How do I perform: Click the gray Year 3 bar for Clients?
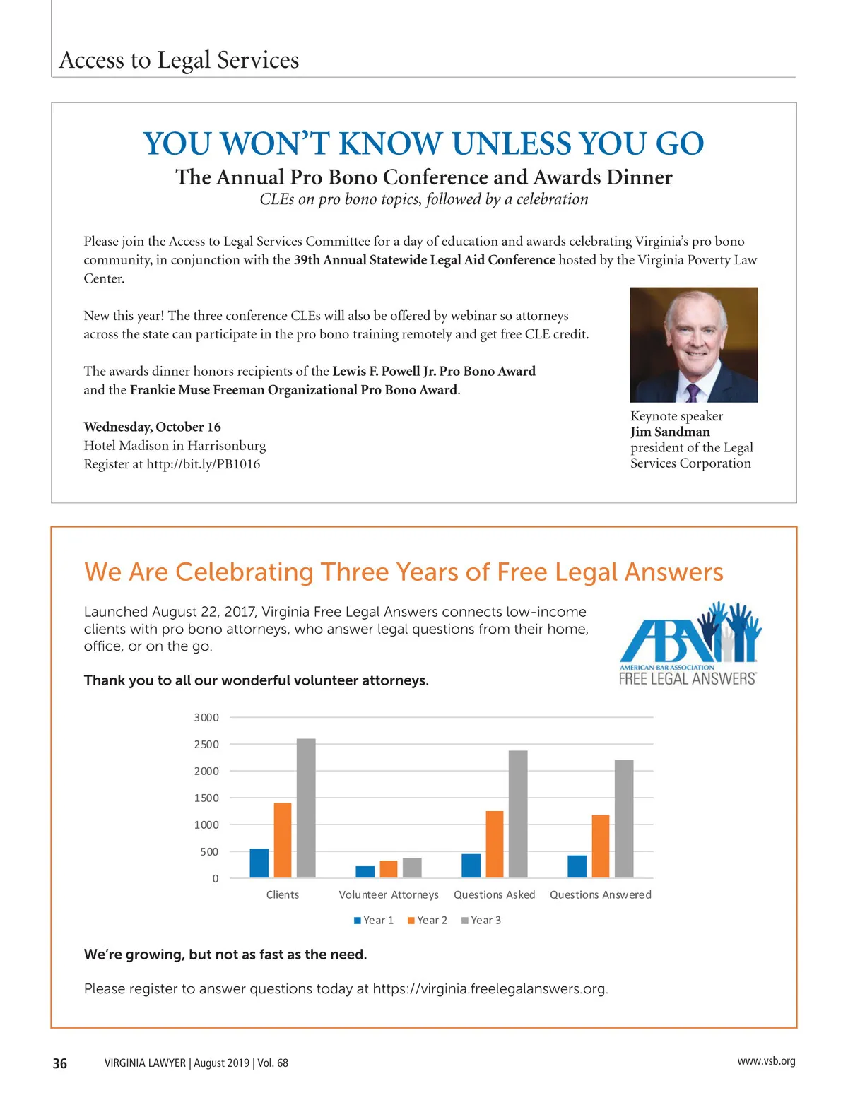click(306, 808)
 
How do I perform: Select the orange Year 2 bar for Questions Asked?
click(495, 844)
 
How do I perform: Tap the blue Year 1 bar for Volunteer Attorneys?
click(365, 872)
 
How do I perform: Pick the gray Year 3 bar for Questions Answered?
click(624, 819)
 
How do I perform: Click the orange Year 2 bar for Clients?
click(283, 840)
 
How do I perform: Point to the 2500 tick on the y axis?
click(206, 745)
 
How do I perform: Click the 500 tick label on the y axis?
click(209, 852)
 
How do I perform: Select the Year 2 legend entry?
click(428, 921)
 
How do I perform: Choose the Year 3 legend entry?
click(481, 921)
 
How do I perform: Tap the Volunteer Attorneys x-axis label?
click(389, 895)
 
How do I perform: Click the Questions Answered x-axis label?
click(601, 895)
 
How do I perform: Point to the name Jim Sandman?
click(670, 432)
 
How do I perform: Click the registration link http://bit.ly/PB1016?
click(203, 464)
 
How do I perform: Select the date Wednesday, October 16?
click(152, 427)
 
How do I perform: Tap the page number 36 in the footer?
click(60, 1063)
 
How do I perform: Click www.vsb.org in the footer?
click(766, 1061)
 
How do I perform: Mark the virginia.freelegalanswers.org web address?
click(490, 988)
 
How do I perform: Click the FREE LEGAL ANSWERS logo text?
click(688, 679)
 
